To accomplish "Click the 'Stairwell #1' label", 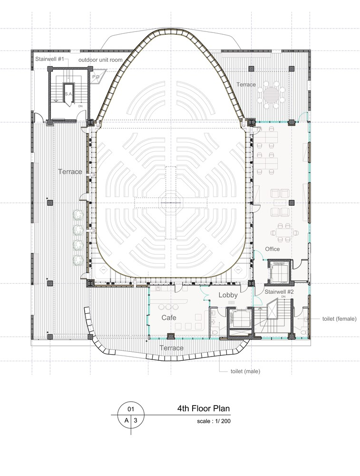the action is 49,59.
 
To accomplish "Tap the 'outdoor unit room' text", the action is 100,60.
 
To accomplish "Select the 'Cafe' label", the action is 169,317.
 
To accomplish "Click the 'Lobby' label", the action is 228,295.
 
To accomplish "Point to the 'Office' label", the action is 272,249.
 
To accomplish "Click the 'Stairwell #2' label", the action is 279,292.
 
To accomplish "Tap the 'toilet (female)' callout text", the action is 339,319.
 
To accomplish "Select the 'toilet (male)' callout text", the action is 245,371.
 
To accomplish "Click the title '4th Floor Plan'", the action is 204,408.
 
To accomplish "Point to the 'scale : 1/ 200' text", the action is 214,421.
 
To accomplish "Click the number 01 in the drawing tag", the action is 130,409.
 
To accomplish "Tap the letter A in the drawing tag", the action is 126,420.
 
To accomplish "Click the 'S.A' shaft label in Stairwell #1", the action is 68,94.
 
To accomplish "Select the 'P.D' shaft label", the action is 96,77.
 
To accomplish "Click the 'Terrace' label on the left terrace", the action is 70,171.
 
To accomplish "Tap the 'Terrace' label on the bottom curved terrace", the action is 171,348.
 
